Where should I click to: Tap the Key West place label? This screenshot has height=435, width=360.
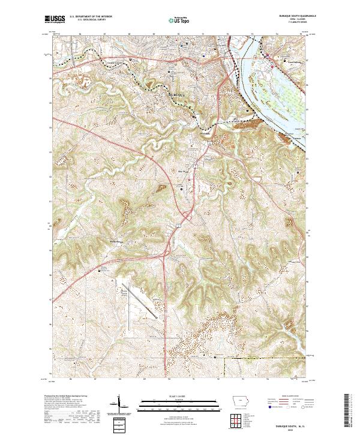[185, 170]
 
